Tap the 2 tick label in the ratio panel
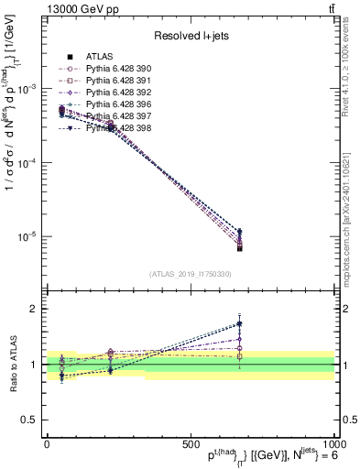tap(32, 309)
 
